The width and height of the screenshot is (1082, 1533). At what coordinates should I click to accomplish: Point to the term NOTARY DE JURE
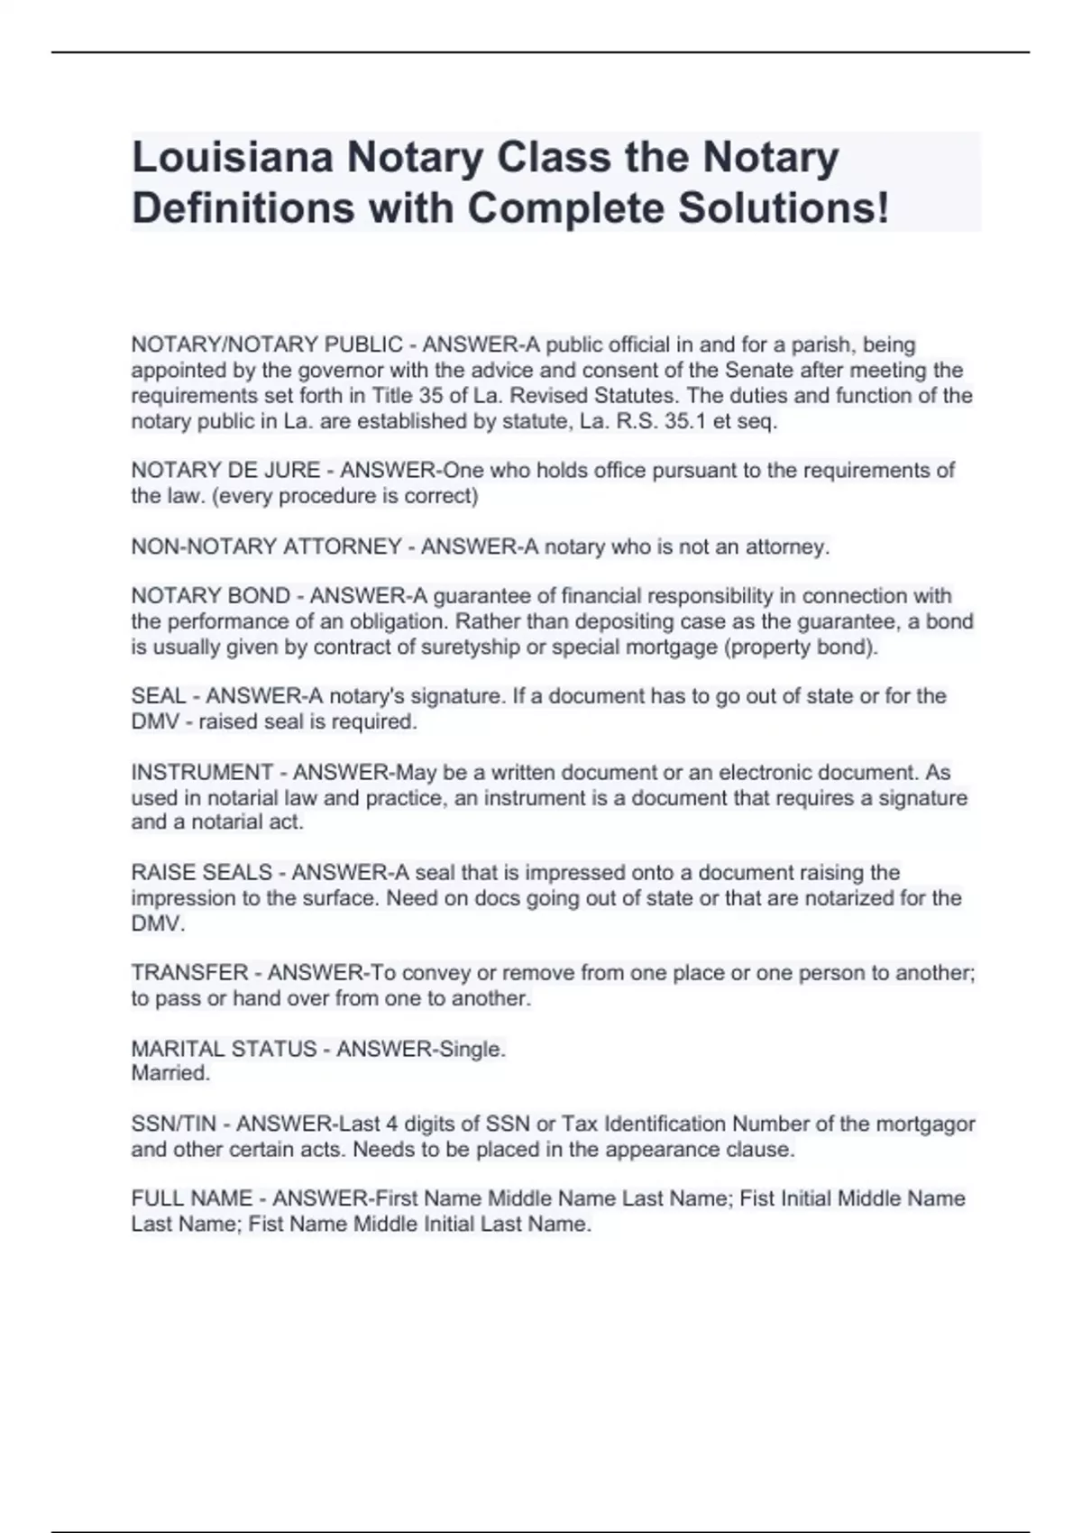(x=225, y=471)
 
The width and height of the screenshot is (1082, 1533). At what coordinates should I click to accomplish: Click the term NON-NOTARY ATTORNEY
(x=266, y=547)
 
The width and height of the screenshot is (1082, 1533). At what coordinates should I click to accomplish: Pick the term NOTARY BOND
(x=211, y=596)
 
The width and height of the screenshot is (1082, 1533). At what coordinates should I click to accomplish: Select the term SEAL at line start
(x=158, y=696)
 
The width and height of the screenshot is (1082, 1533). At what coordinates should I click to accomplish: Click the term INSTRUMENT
(x=202, y=773)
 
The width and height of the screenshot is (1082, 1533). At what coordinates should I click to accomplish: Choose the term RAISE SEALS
(x=201, y=873)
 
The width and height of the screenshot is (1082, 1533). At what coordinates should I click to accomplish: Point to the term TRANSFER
(x=189, y=973)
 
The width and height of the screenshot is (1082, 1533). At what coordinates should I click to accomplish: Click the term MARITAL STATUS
(x=224, y=1050)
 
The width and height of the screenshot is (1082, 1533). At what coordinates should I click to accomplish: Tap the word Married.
(x=170, y=1073)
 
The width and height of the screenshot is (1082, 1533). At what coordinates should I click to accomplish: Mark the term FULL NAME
(x=191, y=1198)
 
